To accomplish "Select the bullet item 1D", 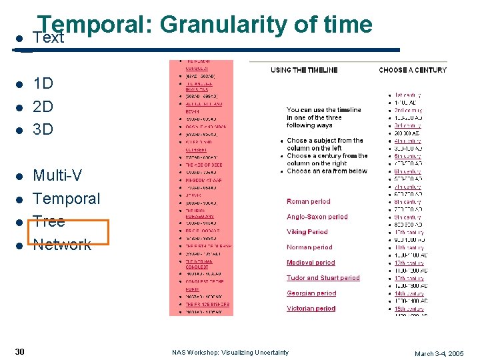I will (x=43, y=84).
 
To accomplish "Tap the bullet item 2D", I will (x=43, y=107).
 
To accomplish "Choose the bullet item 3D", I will (x=43, y=129).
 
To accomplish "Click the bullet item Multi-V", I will (x=57, y=176).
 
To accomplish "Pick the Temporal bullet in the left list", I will (x=66, y=199).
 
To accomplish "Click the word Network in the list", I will (x=62, y=244).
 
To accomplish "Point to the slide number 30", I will (x=20, y=351).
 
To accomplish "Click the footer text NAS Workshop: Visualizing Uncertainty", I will (x=231, y=352).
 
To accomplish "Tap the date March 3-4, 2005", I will (x=439, y=353).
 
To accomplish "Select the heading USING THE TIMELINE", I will (x=304, y=70).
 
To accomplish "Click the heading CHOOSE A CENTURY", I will (x=413, y=70).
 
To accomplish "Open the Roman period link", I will (x=308, y=201).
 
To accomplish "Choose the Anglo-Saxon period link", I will (x=317, y=217).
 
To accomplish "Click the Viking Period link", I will (x=307, y=232).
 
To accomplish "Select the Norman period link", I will (x=309, y=247).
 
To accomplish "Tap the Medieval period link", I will (x=311, y=263).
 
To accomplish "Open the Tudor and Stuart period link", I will (x=323, y=278).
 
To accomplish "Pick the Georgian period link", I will (x=311, y=293).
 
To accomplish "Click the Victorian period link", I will (x=311, y=309).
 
